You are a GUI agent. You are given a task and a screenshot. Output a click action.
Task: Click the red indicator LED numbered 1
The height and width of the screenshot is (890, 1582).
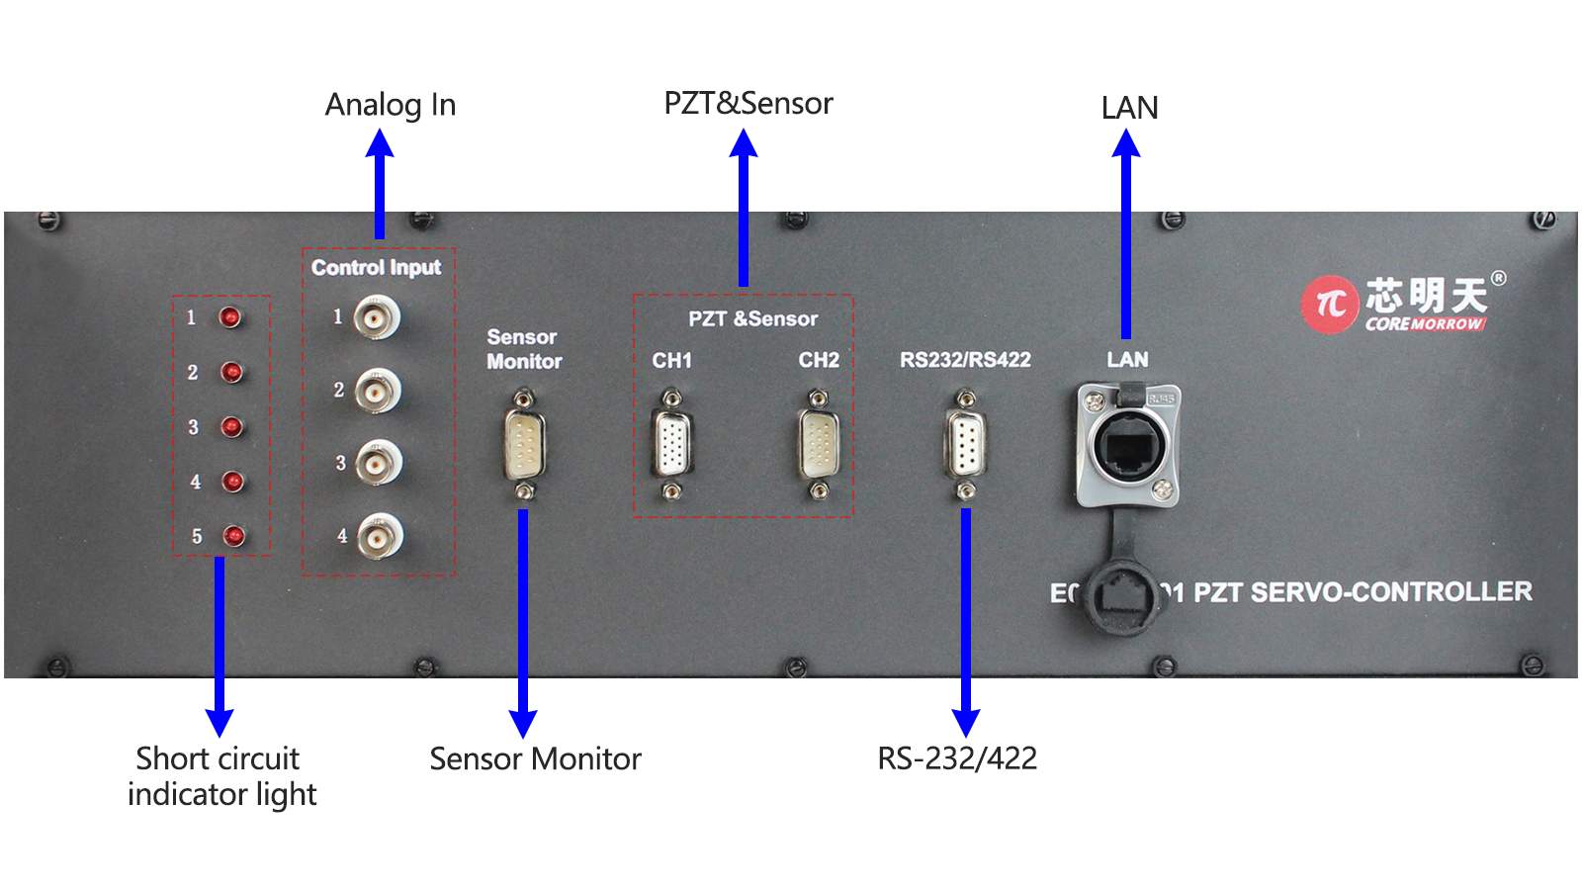point(230,317)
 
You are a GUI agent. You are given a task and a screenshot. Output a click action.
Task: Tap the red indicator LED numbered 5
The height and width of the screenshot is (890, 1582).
point(233,535)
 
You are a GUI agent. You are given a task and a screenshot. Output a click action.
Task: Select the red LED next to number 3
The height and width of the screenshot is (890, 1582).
point(231,426)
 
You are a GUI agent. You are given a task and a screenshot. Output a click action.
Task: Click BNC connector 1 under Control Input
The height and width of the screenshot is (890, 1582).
point(376,317)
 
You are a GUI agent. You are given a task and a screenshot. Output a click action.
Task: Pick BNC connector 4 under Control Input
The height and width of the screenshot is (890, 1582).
point(378,536)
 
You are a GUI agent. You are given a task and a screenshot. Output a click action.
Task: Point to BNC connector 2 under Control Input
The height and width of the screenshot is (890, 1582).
point(376,391)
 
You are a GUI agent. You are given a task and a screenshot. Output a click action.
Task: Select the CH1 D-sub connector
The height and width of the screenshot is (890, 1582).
point(671,444)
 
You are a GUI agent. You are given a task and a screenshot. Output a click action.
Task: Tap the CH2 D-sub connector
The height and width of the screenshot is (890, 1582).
point(818,444)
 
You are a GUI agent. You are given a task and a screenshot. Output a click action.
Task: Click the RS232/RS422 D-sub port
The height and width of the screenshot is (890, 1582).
point(966,444)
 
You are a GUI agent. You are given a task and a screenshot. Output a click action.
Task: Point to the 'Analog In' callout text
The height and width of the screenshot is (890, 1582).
point(391,105)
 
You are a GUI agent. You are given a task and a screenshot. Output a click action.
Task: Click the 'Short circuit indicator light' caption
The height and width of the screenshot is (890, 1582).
point(221,776)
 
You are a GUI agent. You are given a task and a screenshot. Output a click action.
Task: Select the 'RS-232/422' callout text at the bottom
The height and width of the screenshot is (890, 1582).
point(957,758)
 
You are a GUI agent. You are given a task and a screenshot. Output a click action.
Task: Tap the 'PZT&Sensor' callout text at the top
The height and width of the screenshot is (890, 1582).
point(748,104)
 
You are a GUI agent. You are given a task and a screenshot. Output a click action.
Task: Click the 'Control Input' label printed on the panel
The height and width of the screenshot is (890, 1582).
point(376,267)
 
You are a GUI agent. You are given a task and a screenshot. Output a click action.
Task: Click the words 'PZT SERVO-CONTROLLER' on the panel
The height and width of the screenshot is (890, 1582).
point(1362,591)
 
